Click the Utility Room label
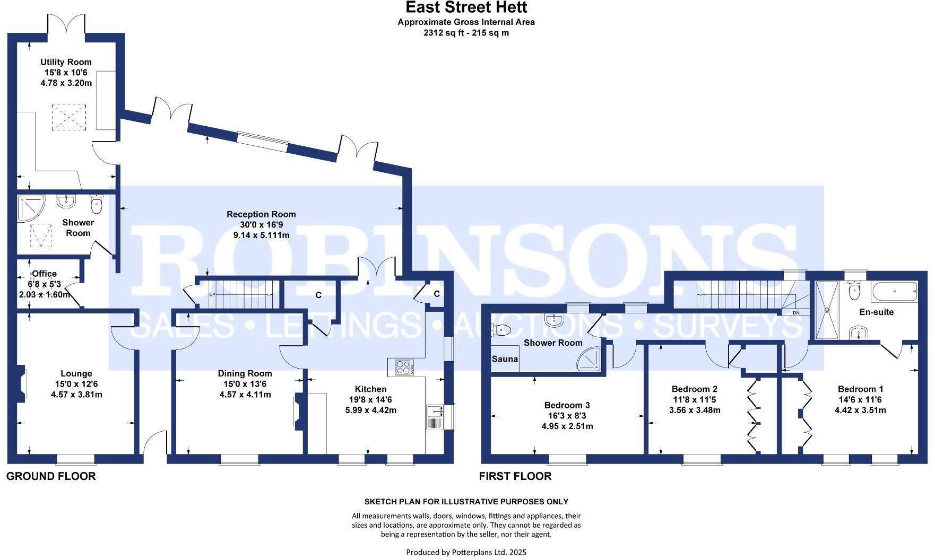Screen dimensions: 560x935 pyautogui.click(x=66, y=62)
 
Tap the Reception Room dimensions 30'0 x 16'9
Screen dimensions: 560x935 pyautogui.click(x=261, y=224)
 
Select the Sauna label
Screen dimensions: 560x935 pyautogui.click(x=505, y=359)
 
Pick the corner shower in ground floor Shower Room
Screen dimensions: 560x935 pyautogui.click(x=31, y=208)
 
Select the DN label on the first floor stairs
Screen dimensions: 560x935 pyautogui.click(x=795, y=313)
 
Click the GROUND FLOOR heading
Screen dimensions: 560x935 pyautogui.click(x=51, y=476)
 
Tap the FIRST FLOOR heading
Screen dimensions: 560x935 pyautogui.click(x=515, y=476)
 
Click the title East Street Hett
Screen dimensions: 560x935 pyautogui.click(x=466, y=7)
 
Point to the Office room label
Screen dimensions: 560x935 pyautogui.click(x=45, y=274)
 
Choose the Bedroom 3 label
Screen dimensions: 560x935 pyautogui.click(x=567, y=405)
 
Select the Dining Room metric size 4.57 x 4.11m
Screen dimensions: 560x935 pyautogui.click(x=245, y=395)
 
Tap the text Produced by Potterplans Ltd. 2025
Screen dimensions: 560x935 pyautogui.click(x=466, y=552)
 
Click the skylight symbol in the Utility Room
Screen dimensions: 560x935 pyautogui.click(x=68, y=117)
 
